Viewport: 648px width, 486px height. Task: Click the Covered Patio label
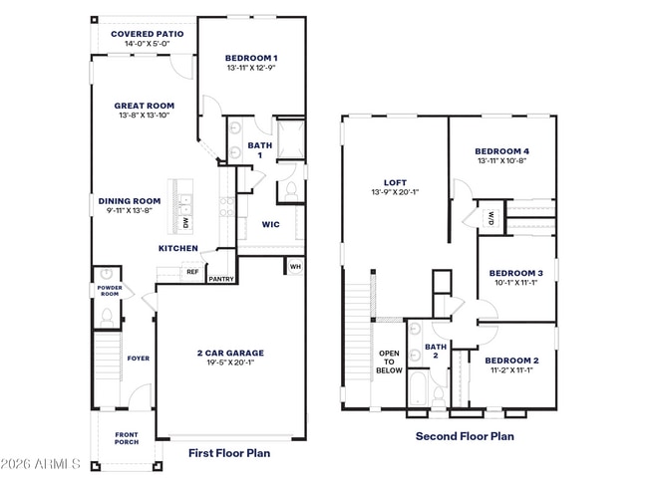tap(148, 34)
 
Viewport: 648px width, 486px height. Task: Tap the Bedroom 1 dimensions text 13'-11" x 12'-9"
tap(251, 68)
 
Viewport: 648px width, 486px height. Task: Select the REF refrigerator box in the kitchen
tap(192, 272)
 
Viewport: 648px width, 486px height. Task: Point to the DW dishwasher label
tap(185, 223)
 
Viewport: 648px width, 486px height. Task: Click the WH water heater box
tap(295, 267)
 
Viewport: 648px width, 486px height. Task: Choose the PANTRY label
tap(221, 279)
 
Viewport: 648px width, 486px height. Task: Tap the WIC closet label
tap(271, 225)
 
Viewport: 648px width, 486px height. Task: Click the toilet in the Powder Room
tap(107, 318)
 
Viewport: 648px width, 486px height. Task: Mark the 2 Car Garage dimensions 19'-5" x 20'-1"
tap(230, 363)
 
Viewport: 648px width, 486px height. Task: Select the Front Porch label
tap(127, 438)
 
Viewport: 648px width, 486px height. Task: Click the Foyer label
tap(139, 359)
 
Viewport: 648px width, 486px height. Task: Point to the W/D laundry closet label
tap(491, 218)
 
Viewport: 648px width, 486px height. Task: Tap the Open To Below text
tap(389, 363)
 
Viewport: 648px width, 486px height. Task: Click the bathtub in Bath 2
tap(419, 388)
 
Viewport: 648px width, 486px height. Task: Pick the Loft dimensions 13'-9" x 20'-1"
tap(396, 192)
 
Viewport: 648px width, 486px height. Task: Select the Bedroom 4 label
tap(502, 151)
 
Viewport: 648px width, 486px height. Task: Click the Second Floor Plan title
tap(465, 436)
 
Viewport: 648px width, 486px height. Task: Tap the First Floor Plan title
tap(229, 453)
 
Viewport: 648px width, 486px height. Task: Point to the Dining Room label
tap(130, 201)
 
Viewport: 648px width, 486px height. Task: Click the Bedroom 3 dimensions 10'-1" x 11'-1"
tap(516, 283)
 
